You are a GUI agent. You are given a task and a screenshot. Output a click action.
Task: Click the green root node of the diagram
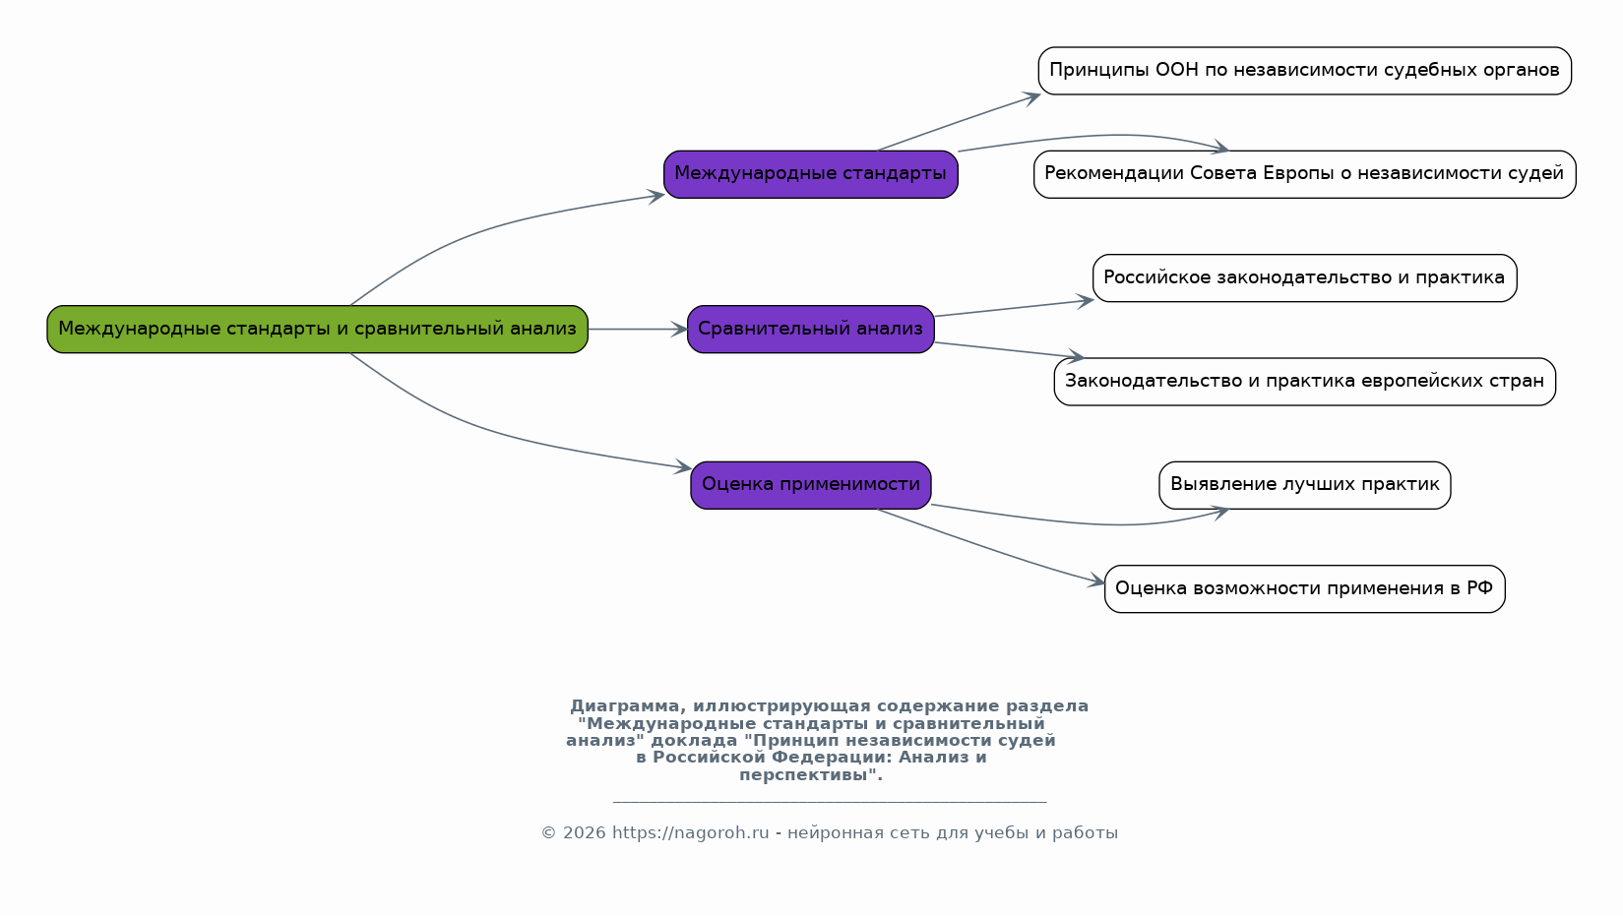pos(317,329)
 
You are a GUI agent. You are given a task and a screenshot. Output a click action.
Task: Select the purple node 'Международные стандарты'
pos(810,174)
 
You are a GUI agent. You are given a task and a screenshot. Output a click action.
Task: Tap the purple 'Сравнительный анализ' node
pos(810,329)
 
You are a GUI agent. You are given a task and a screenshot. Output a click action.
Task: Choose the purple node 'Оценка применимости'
pos(810,485)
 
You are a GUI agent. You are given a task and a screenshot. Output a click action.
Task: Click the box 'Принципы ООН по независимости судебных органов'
pos(1304,71)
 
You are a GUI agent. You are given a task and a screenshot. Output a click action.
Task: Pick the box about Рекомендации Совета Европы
pos(1304,174)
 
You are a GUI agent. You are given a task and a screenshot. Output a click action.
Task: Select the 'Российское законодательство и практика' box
pos(1304,277)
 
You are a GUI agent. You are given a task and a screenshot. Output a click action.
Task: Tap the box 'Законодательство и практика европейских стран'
pos(1304,382)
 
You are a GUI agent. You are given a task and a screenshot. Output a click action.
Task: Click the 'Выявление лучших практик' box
pos(1304,485)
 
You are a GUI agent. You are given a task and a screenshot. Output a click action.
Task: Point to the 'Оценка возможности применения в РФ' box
pos(1304,588)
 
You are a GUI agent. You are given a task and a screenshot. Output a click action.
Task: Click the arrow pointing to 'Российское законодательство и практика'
pos(1014,308)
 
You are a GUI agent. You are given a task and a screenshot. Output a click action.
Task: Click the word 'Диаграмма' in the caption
pos(623,706)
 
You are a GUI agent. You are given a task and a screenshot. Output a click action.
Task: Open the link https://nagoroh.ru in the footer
pos(690,833)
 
